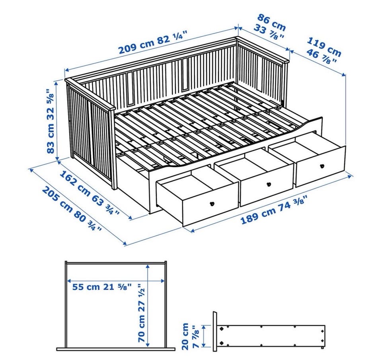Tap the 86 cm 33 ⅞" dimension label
[x=270, y=27]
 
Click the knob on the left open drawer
[x=212, y=204]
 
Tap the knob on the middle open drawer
[x=269, y=184]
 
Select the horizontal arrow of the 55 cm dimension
[x=116, y=280]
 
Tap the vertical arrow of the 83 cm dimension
[x=57, y=121]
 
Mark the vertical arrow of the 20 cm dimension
[x=204, y=336]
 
